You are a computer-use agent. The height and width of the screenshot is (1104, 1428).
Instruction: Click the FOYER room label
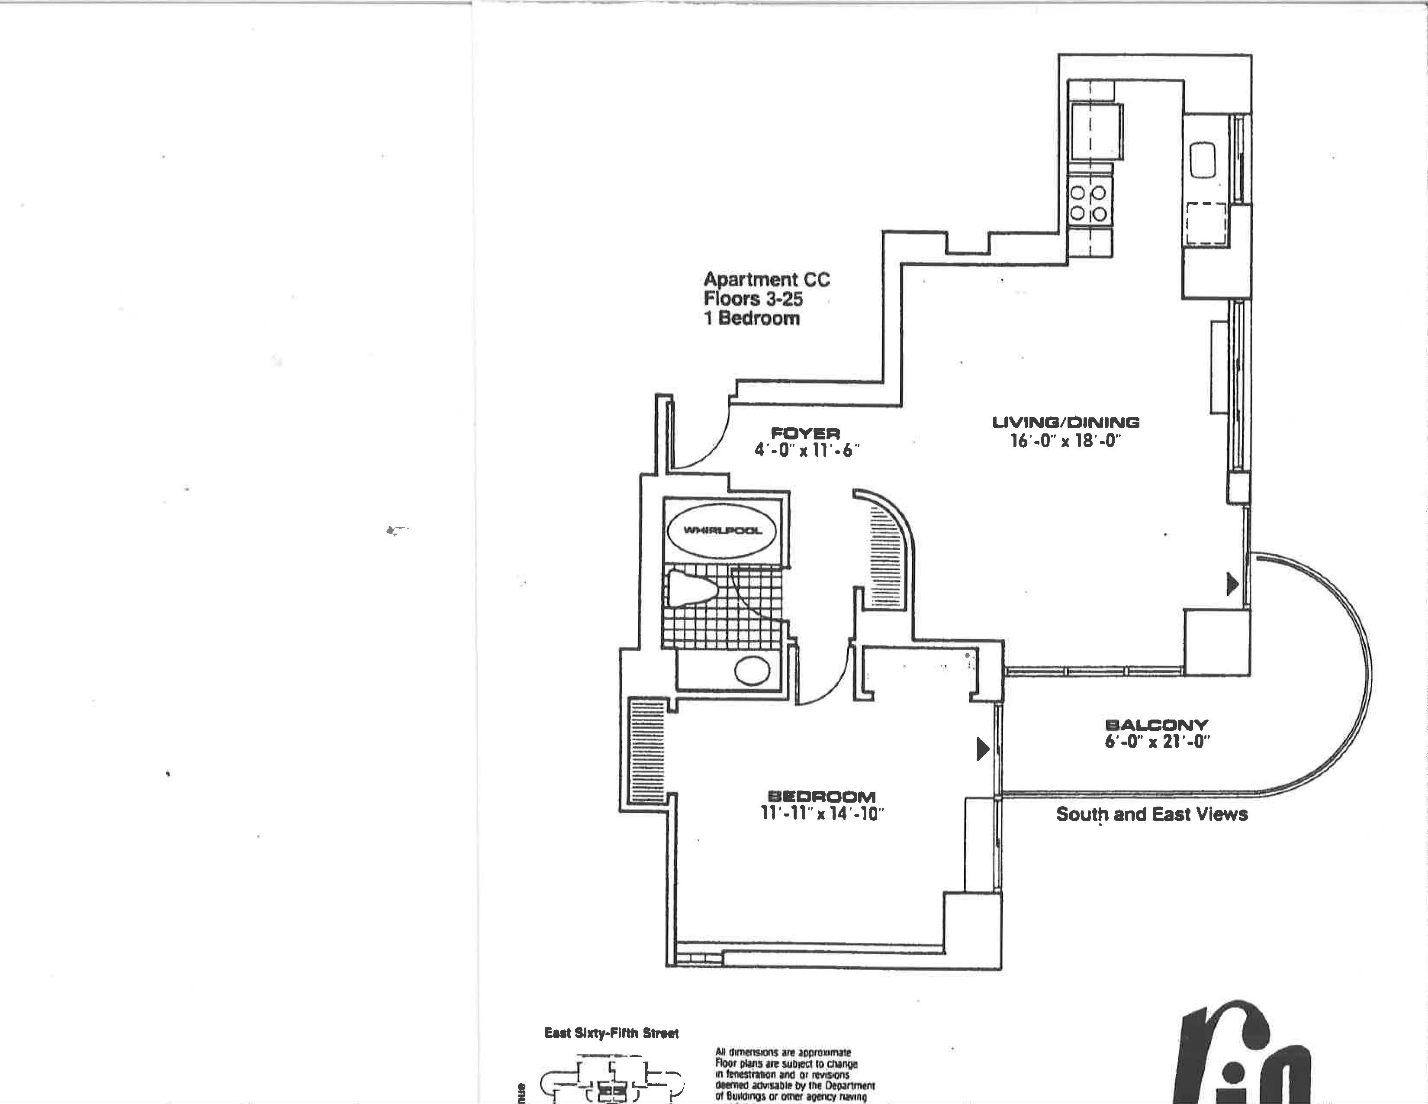806,433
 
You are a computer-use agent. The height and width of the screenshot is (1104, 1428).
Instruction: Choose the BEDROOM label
821,797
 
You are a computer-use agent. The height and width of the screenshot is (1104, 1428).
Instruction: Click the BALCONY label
1156,725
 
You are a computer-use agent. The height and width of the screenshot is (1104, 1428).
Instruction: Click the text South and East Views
1151,814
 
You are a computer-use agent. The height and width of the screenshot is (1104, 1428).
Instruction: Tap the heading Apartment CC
766,279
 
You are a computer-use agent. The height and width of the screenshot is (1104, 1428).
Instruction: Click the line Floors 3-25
753,299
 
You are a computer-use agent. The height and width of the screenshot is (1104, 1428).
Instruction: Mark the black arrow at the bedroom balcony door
982,749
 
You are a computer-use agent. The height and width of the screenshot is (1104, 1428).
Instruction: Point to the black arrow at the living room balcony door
1232,584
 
